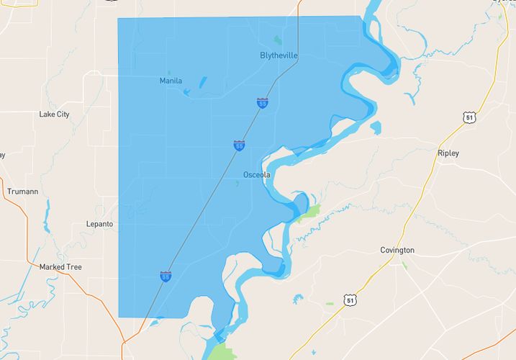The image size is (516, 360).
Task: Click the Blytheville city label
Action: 279,55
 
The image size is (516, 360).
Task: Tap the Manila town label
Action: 171,81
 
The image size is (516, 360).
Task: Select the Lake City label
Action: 54,114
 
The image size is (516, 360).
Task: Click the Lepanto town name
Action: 99,224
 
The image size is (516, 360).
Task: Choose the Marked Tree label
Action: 60,267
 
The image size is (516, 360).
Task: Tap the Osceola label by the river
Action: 256,175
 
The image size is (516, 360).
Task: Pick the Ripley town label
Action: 448,153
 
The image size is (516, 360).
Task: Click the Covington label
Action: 397,250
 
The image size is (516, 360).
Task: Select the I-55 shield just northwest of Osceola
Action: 238,146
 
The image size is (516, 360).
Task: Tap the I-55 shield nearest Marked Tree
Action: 166,276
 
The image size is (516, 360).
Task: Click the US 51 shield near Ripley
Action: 470,117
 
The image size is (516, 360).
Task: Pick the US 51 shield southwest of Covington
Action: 349,299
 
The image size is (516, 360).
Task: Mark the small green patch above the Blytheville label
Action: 278,40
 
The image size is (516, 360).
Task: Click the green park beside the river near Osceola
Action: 310,211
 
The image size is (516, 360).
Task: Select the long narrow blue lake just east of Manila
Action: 202,83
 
